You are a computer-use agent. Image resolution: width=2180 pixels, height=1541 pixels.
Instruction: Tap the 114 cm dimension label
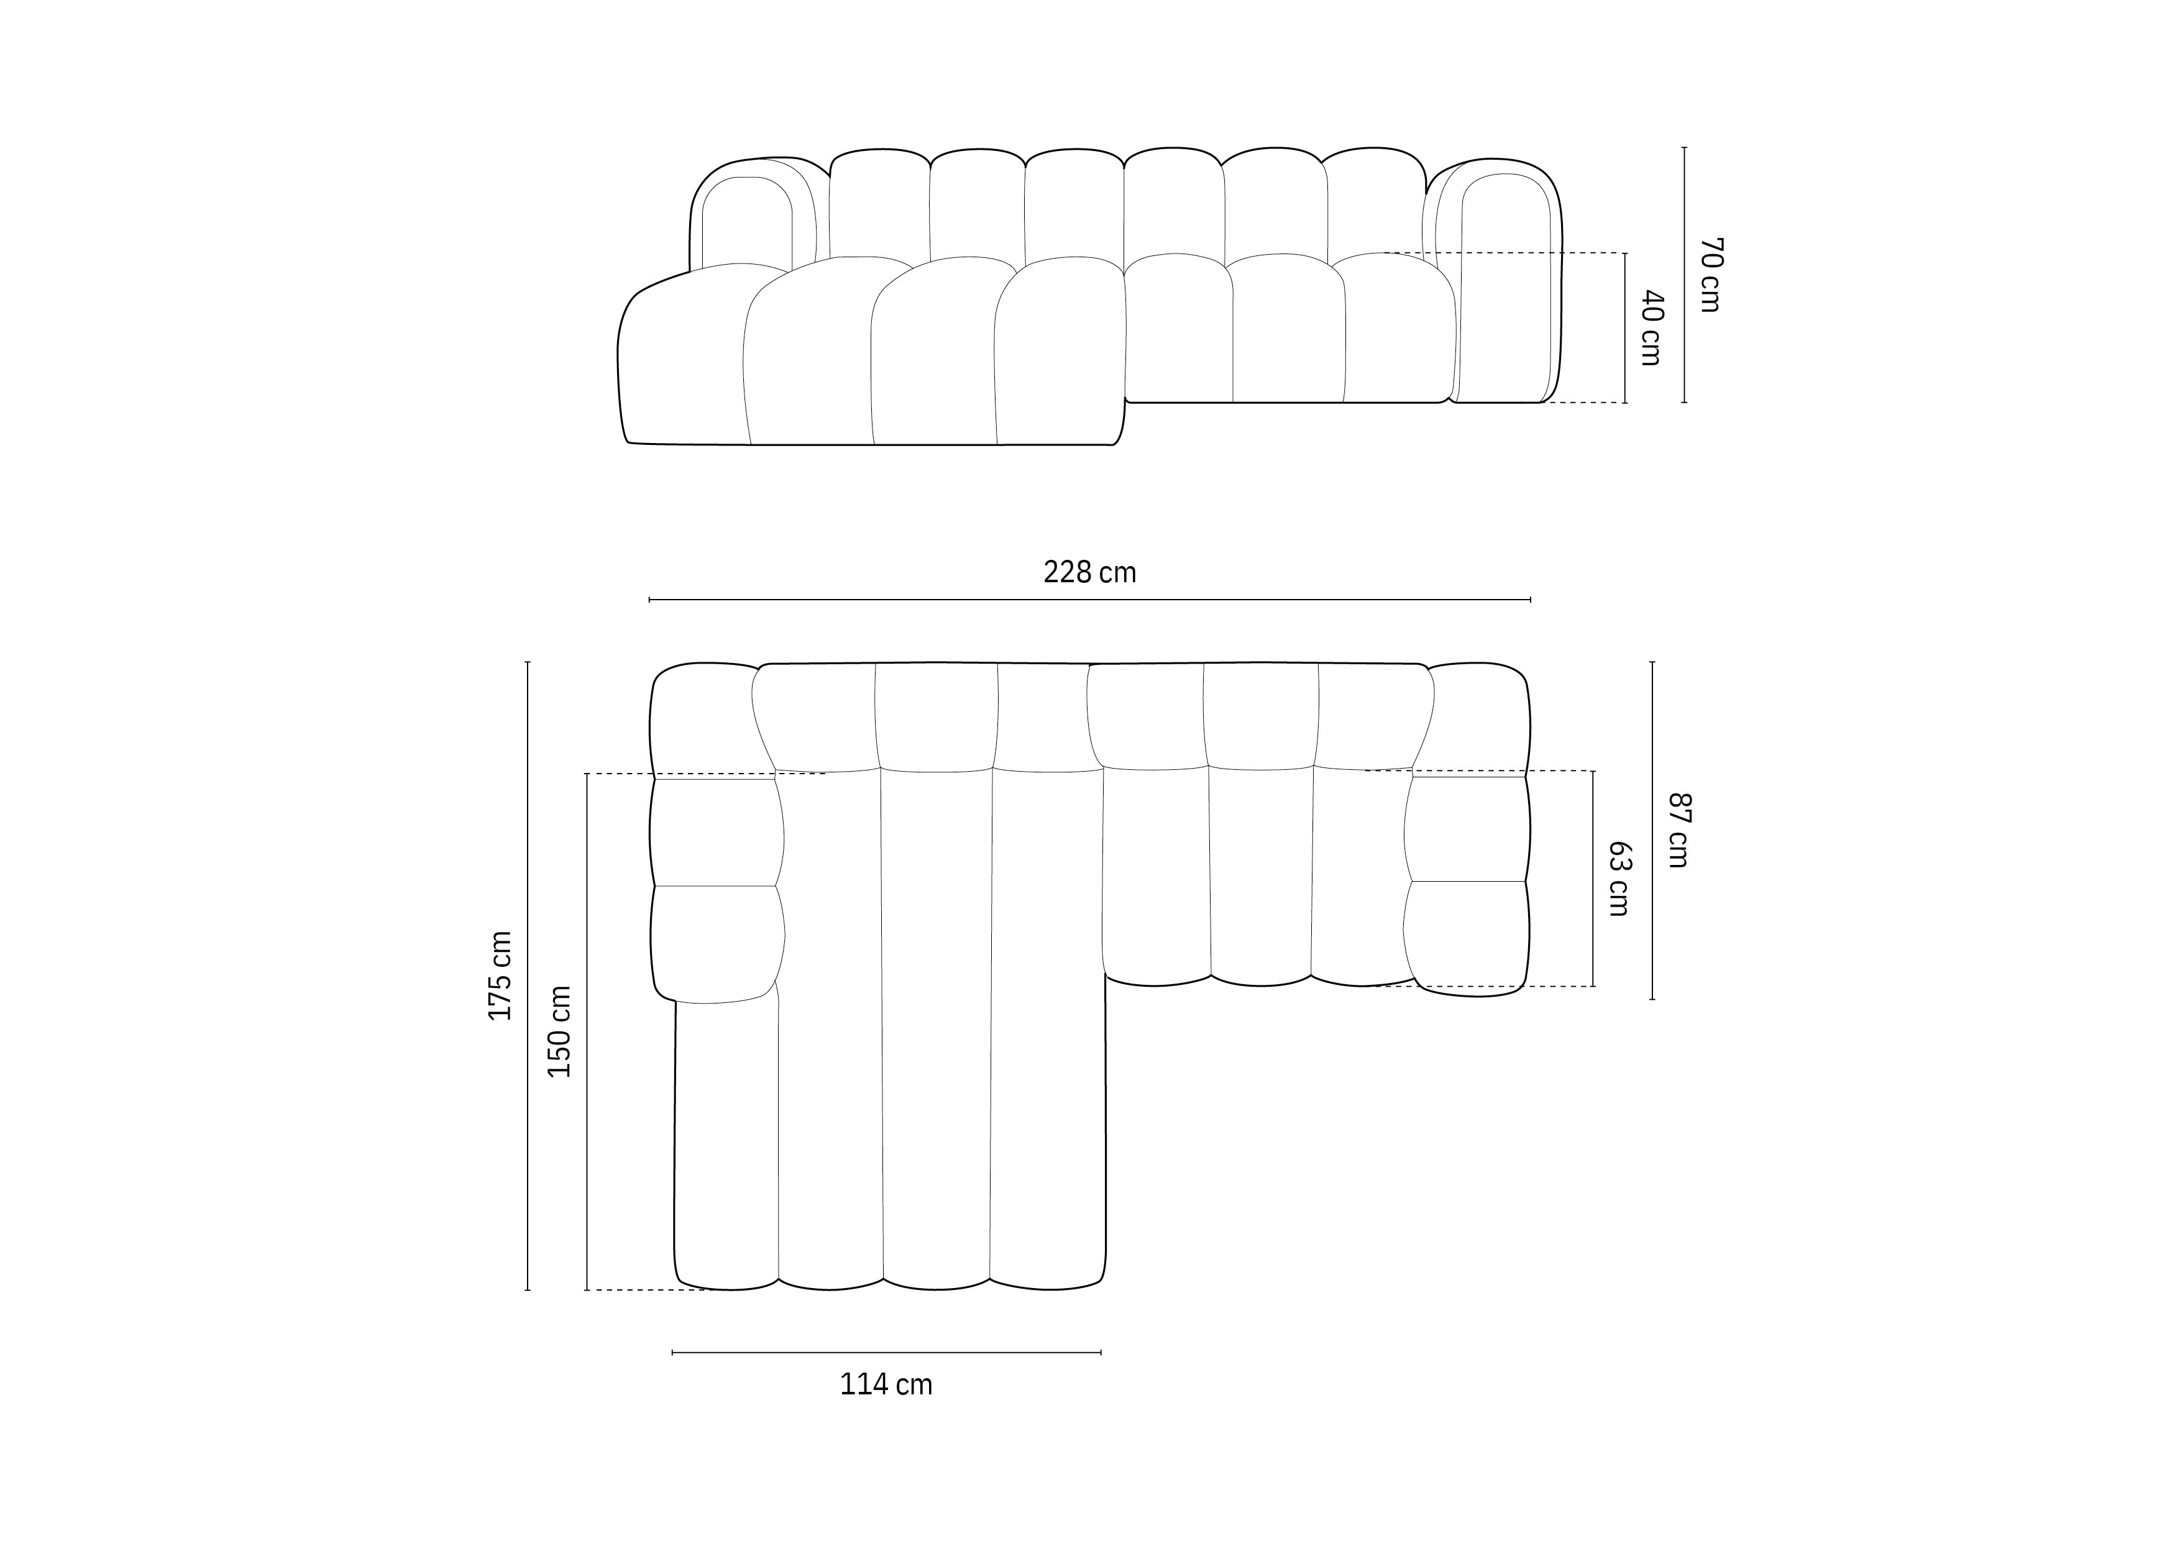tap(886, 1385)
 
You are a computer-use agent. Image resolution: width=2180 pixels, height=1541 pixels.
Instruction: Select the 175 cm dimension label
tap(500, 976)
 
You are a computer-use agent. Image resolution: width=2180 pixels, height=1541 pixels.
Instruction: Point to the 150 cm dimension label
tap(559, 1031)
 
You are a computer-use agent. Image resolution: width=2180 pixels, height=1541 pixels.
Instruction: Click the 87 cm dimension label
tap(1679, 830)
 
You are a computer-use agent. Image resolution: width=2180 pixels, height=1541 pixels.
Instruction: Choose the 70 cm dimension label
tap(1711, 275)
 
